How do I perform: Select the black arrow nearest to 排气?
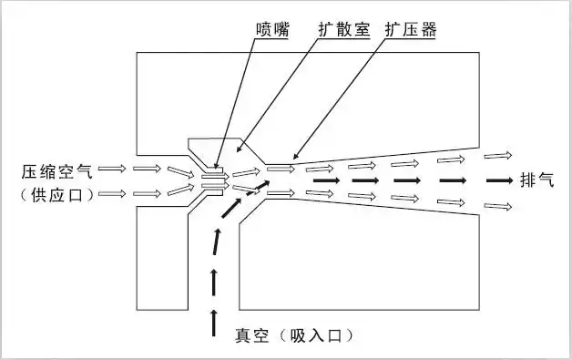click(498, 180)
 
